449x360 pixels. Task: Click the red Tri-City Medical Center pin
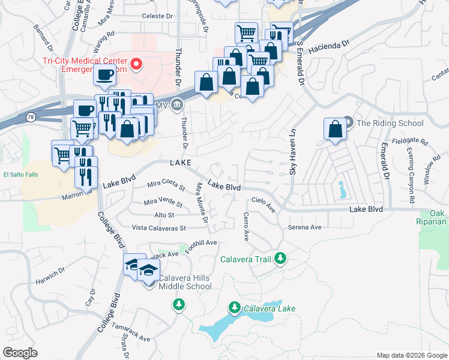(137, 64)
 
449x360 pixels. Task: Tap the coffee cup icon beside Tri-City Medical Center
(104, 76)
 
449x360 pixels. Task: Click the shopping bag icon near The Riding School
(335, 129)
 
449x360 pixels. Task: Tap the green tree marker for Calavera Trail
(280, 259)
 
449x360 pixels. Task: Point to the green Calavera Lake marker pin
(235, 308)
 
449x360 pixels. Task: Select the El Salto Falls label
(21, 175)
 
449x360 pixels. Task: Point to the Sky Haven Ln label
(293, 153)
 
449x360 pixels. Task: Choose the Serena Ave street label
(305, 227)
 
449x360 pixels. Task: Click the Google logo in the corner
(20, 353)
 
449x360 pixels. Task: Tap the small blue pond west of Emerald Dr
(342, 190)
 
